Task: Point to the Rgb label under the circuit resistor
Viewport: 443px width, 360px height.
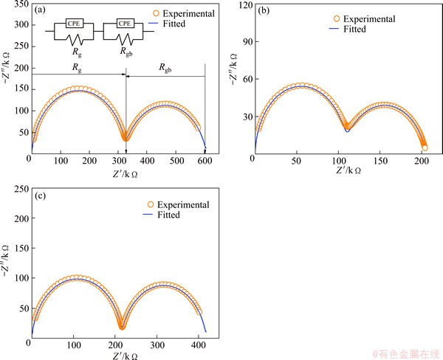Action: [120, 54]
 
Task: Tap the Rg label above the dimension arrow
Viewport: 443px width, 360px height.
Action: [76, 67]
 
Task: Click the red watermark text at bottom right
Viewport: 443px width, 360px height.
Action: [404, 353]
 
